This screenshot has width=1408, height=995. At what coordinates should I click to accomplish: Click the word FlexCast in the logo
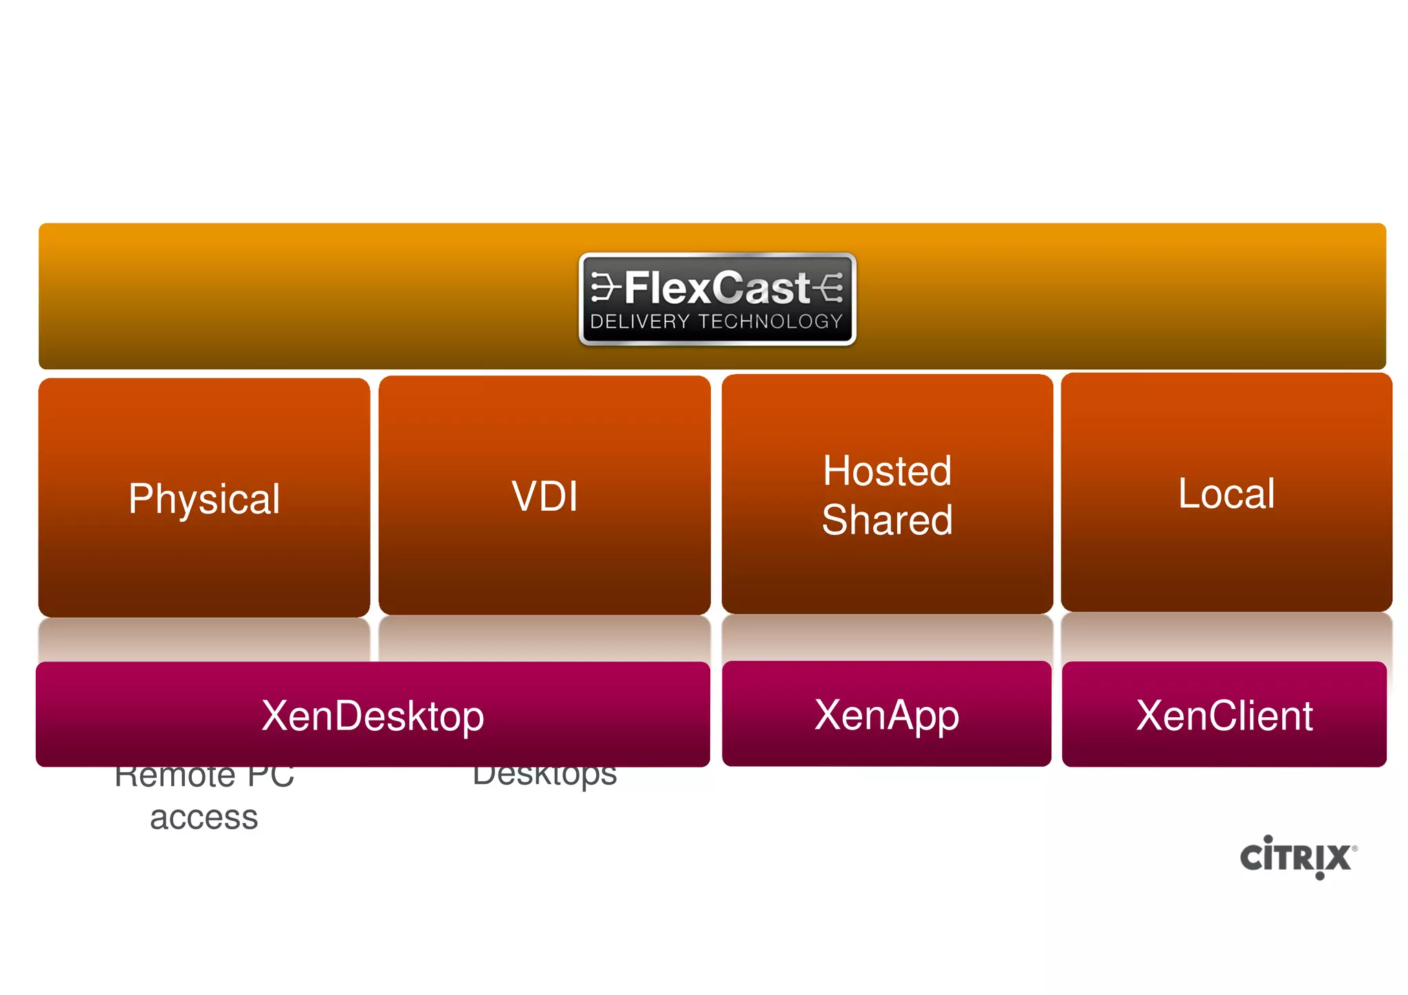tap(717, 287)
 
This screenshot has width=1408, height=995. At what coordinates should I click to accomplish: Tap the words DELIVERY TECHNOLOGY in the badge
tap(716, 322)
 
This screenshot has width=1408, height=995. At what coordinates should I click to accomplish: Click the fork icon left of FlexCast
tap(605, 287)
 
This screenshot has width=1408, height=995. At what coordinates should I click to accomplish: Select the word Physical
tap(204, 499)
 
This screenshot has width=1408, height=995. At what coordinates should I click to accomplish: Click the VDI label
tap(544, 496)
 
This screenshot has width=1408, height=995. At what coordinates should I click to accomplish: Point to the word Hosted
tap(887, 471)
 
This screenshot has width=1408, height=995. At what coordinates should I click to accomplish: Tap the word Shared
tap(887, 520)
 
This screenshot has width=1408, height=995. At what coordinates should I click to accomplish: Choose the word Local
tap(1226, 494)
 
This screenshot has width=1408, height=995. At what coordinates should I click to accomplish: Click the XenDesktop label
tap(373, 716)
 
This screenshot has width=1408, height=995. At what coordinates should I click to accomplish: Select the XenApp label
tap(887, 715)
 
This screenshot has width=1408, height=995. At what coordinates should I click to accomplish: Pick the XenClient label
tap(1224, 716)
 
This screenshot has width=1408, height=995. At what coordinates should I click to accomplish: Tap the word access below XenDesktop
tap(204, 818)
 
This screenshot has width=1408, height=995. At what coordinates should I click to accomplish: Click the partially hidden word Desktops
tap(544, 776)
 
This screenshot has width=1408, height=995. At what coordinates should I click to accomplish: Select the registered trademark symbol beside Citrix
tap(1354, 849)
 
